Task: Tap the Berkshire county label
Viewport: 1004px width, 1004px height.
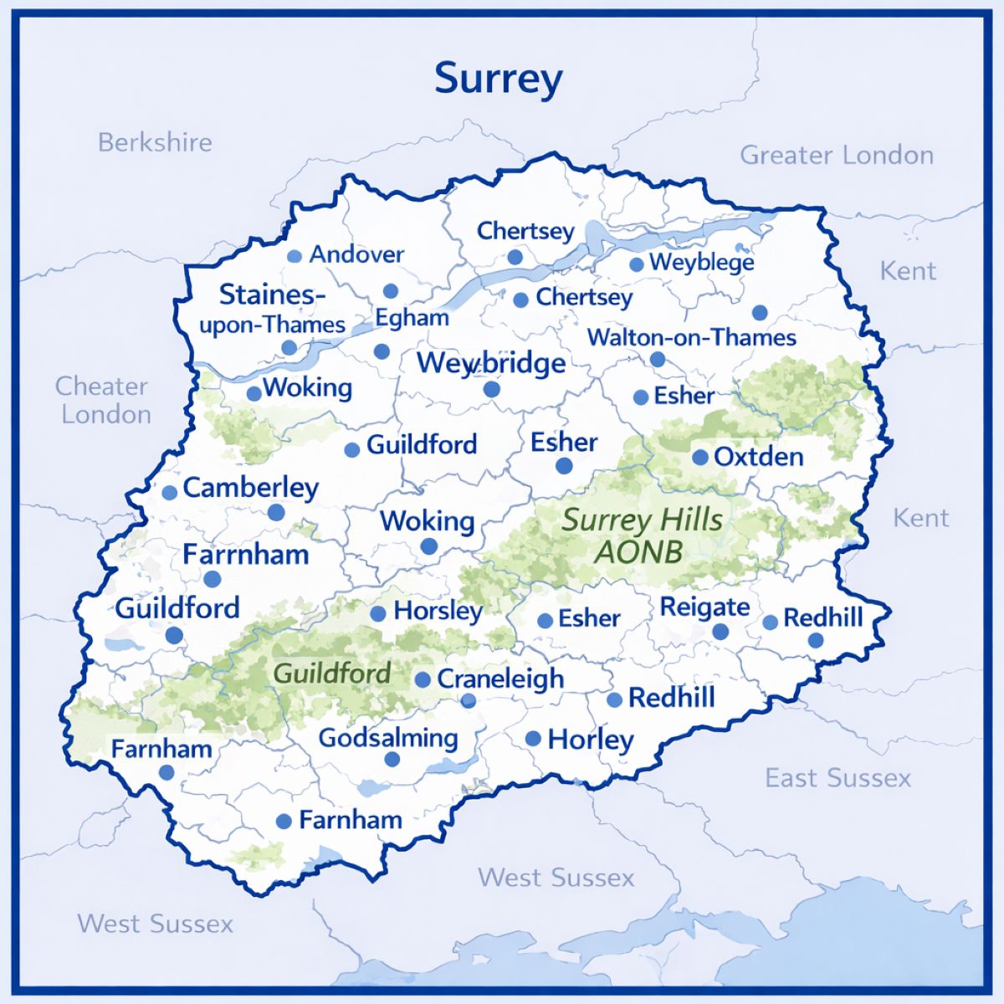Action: pos(155,142)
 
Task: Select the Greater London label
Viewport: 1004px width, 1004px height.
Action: pos(837,156)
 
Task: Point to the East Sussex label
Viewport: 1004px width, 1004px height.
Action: pos(838,778)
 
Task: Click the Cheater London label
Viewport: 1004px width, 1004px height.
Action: pos(103,400)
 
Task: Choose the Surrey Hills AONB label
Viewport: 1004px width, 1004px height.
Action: pos(641,535)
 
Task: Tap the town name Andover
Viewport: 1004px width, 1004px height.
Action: pos(356,254)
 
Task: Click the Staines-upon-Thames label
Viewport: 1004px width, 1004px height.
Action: pos(272,310)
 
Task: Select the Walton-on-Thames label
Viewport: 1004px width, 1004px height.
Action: pos(692,338)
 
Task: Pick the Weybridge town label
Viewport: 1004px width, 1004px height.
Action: pos(491,363)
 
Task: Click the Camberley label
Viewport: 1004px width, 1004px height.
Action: pos(250,488)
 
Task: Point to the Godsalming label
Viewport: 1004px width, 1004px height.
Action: pos(388,738)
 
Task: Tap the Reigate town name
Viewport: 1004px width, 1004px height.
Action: pos(704,607)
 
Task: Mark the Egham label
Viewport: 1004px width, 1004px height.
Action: pos(412,318)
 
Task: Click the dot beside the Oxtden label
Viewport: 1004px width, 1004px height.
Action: pos(700,458)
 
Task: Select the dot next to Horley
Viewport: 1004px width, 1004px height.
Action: pos(533,739)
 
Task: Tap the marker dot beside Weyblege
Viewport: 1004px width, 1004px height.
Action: pos(637,264)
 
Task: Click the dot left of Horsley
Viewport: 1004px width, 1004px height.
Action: pos(378,613)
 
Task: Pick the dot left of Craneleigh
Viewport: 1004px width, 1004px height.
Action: pos(423,679)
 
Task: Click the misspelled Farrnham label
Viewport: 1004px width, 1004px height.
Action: pos(246,554)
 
